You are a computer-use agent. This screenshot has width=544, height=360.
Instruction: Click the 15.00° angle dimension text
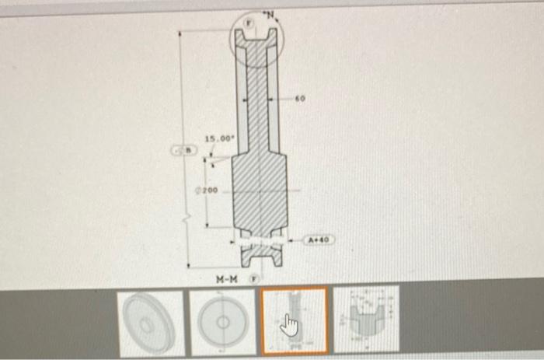point(218,138)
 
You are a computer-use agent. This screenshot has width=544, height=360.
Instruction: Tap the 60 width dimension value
point(299,100)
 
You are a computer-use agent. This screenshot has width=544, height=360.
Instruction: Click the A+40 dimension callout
point(319,241)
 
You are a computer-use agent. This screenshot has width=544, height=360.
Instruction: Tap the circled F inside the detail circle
point(249,25)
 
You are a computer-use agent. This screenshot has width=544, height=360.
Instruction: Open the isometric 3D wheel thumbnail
point(150,320)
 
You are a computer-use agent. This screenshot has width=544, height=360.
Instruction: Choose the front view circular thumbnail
point(222,320)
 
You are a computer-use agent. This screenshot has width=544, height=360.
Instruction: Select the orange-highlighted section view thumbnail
point(294,318)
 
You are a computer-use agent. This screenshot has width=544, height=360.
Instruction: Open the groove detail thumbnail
point(365,318)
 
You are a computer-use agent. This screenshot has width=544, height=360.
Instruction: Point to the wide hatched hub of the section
point(260,190)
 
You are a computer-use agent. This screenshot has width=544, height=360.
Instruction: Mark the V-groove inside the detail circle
point(259,36)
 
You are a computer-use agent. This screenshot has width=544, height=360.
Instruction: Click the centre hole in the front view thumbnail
point(222,320)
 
